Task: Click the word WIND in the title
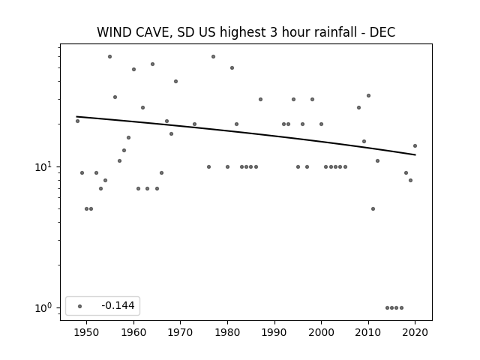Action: click(x=114, y=32)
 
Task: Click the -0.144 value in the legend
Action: click(x=118, y=305)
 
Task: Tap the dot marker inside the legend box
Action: click(x=80, y=306)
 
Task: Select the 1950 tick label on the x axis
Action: click(x=87, y=332)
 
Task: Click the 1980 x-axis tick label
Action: click(x=227, y=332)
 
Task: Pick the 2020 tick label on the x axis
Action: click(x=415, y=332)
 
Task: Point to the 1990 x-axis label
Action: click(x=274, y=332)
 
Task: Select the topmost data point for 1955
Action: click(x=110, y=57)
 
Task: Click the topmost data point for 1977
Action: click(x=213, y=57)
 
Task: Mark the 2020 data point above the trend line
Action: click(x=415, y=145)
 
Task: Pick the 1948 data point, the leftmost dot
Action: click(x=77, y=121)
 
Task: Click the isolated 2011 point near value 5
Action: click(x=373, y=208)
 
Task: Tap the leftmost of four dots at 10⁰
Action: click(x=387, y=307)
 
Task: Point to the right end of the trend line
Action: click(x=415, y=155)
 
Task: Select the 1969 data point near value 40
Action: click(x=175, y=81)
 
